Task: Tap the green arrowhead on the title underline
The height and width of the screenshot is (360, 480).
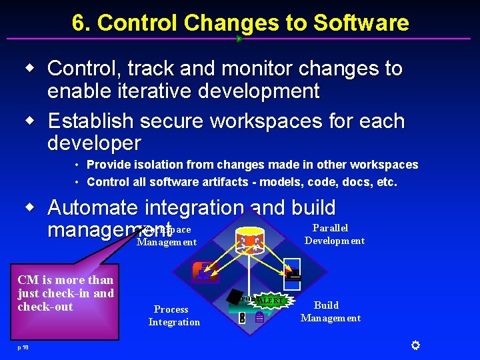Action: pos(239,39)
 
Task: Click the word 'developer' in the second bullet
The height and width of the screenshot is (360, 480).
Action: pos(94,143)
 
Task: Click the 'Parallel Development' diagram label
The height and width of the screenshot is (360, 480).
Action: pos(333,234)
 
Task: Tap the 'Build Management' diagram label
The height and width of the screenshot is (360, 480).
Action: pos(330,311)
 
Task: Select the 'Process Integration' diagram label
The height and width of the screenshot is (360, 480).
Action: pos(173,315)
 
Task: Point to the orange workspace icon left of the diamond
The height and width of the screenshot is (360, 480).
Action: pos(203,271)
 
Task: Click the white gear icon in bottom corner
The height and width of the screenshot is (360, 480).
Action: pos(415,345)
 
